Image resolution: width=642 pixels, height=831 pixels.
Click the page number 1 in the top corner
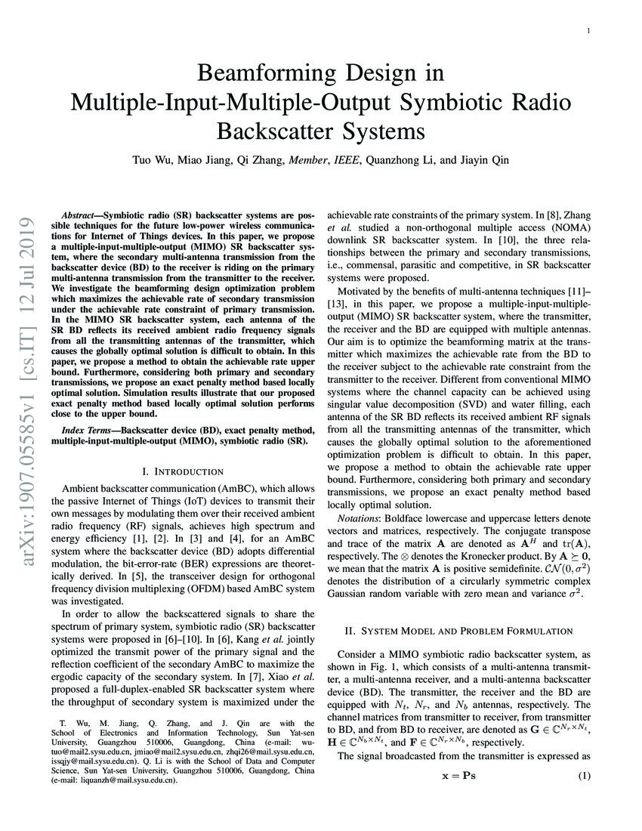coord(588,31)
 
